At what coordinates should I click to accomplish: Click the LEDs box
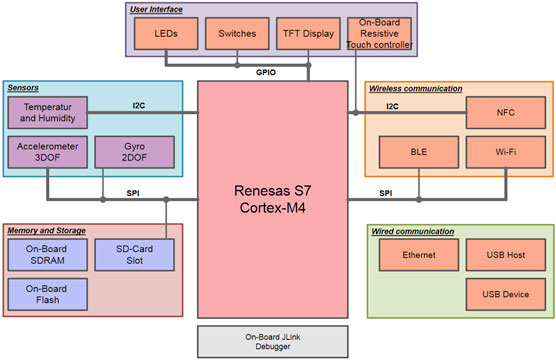[167, 33]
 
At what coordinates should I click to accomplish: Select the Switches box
[237, 33]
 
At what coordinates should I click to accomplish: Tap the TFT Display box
[307, 33]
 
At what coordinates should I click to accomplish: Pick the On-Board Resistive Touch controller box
[378, 33]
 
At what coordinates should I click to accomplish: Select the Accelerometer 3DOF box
[47, 152]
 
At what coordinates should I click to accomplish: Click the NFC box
[505, 113]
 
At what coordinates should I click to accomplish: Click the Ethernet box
[420, 255]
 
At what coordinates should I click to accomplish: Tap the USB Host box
[505, 255]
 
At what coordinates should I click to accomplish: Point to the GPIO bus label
[266, 73]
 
